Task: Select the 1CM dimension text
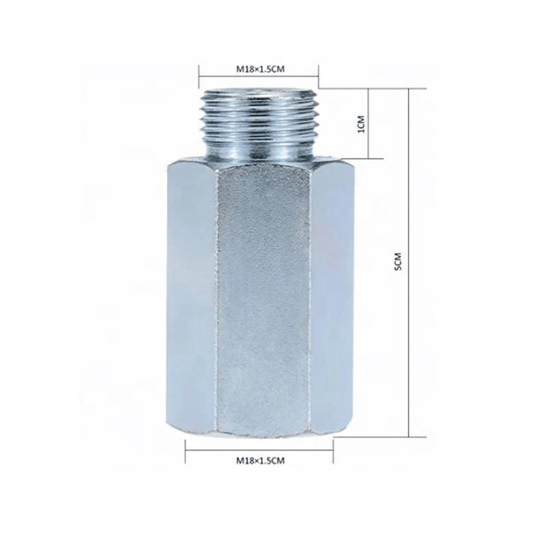coord(362,124)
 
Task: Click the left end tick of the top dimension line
coord(199,75)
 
